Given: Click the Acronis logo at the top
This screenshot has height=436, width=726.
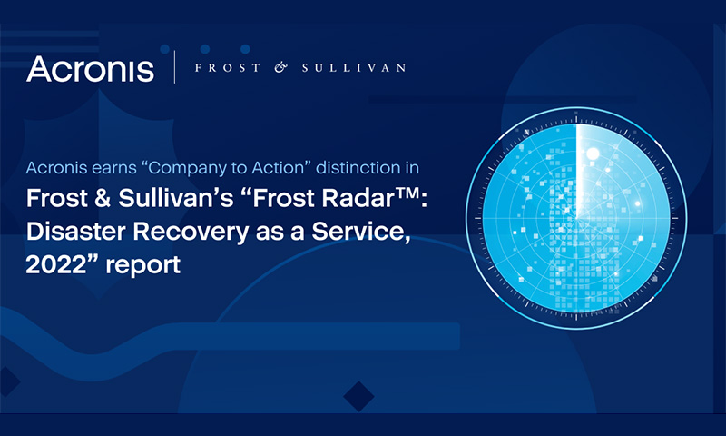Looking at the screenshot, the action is tap(90, 70).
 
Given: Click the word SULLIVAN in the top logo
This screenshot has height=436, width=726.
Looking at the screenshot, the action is tap(354, 68).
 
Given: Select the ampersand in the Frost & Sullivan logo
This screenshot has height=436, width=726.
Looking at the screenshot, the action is tap(280, 68).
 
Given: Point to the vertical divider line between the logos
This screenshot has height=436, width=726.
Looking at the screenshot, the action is tap(174, 67).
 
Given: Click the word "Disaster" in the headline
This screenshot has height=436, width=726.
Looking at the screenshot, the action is tap(76, 232).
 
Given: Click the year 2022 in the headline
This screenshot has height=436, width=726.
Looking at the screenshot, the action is tap(56, 265).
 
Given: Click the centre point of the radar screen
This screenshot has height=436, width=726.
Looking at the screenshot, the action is tap(576, 218).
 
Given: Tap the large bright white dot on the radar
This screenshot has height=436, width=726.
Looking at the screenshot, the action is tap(593, 154).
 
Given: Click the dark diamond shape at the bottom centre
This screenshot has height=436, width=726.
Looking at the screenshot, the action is tap(358, 397).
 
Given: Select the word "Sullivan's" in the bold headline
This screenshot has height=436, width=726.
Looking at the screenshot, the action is tap(176, 198).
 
